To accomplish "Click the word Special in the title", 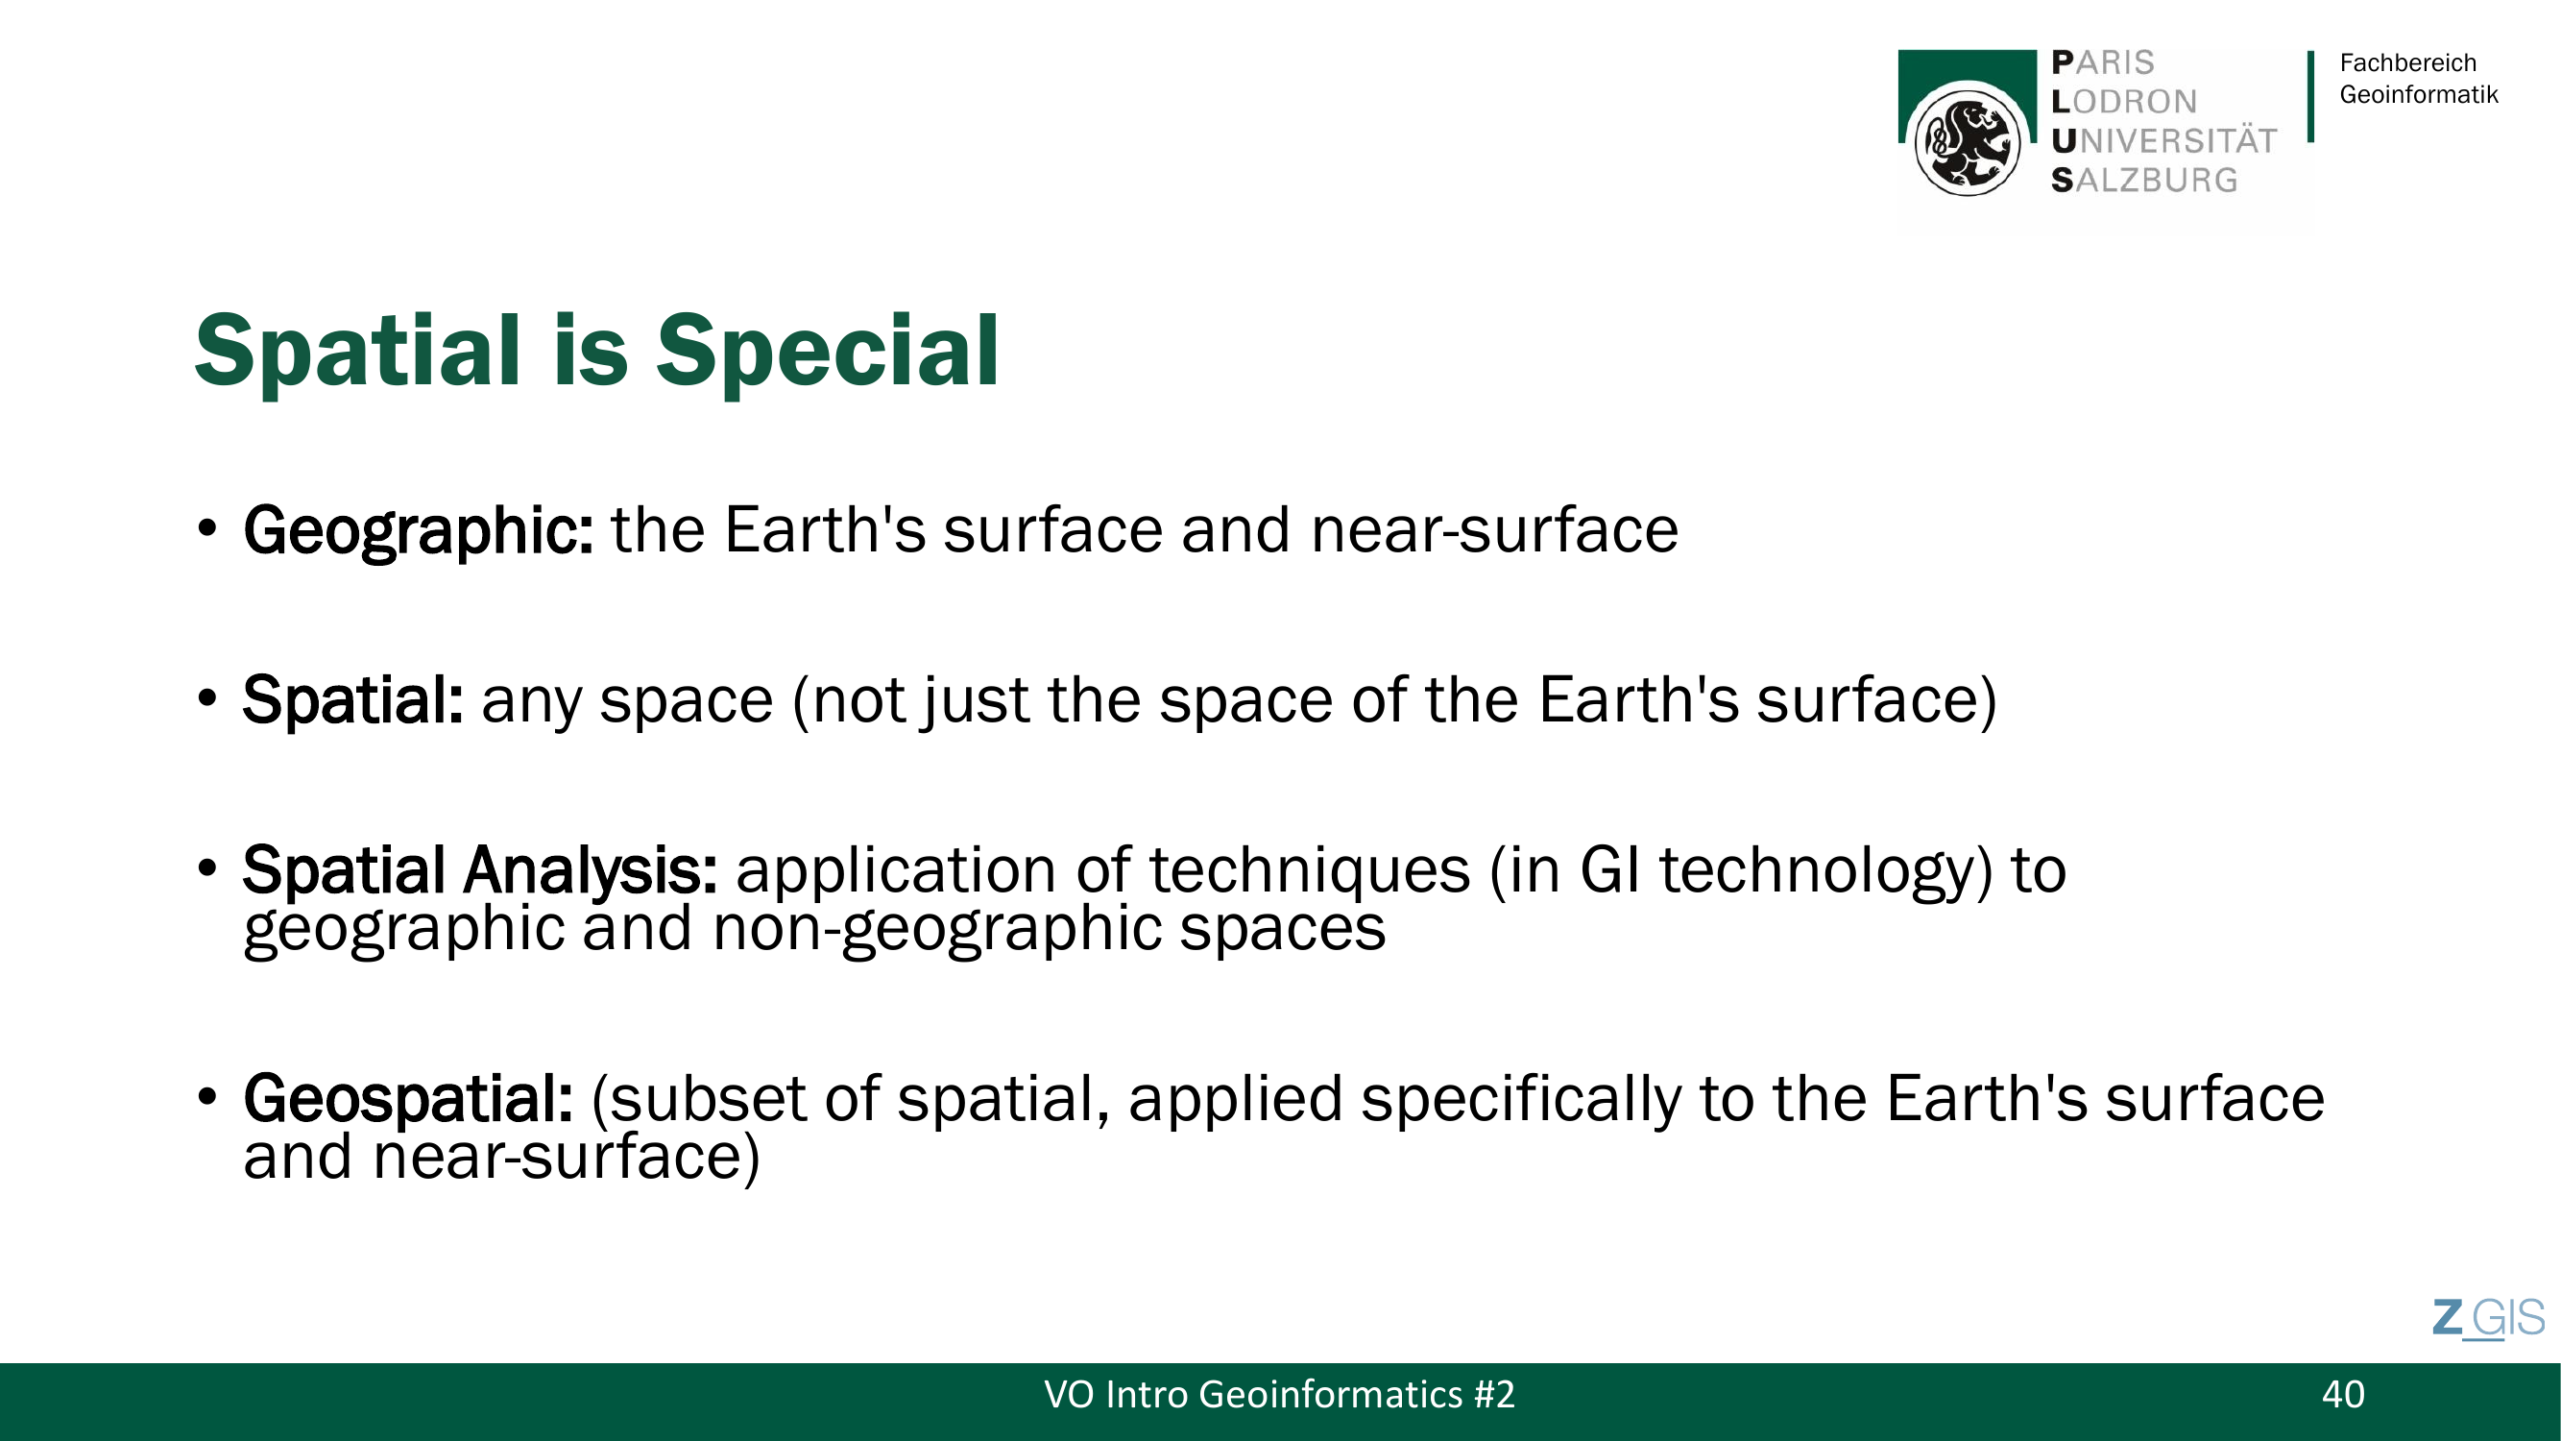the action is coord(827,350).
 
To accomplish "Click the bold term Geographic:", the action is coord(419,531).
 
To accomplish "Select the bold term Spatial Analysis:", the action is coord(480,871).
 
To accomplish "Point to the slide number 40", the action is coord(2343,1394).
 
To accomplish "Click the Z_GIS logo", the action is coord(2488,1319).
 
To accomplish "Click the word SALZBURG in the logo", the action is coord(2144,180).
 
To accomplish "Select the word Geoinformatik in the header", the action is coord(2419,94).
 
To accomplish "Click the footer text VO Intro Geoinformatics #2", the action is coord(1279,1394).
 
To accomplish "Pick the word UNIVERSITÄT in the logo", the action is coord(2164,140).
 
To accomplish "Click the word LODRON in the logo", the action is coord(2124,102).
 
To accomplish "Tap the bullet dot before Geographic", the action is coord(206,528).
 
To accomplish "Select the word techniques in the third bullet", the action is coord(1310,871).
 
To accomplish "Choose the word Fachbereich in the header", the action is coord(2408,62).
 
